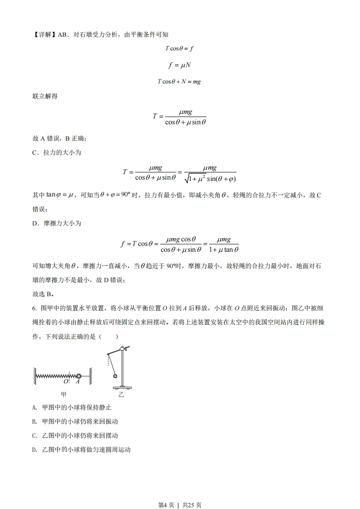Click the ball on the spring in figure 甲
pos(79,376)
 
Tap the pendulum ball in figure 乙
pos(115,376)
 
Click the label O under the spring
pos(66,382)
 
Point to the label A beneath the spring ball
pos(78,382)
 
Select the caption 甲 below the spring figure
pos(64,395)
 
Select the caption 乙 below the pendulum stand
pos(121,395)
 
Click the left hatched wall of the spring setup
pos(34,376)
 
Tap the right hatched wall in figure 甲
pos(91,376)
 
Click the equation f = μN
pos(179,65)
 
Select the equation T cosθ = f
pos(179,48)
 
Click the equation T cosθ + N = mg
pos(179,82)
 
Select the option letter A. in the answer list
pos(35,407)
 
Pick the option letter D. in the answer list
pos(35,450)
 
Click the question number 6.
pos(34,308)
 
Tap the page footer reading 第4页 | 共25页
pos(180,492)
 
